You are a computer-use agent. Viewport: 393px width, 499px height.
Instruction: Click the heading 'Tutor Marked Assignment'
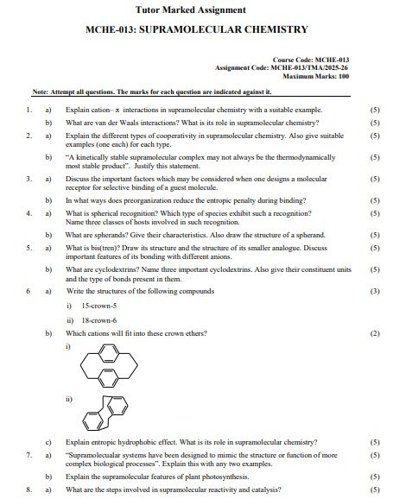tap(198, 11)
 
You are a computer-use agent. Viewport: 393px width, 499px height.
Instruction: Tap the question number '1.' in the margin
tap(29, 111)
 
